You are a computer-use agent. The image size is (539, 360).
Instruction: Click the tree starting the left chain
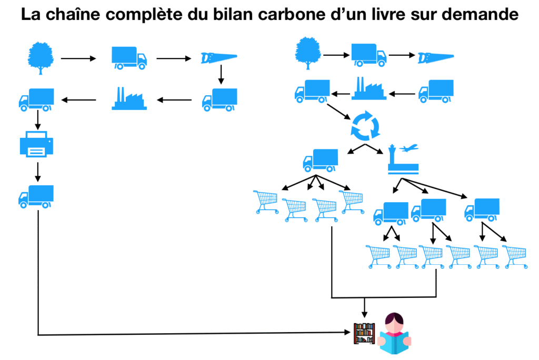[x=41, y=57]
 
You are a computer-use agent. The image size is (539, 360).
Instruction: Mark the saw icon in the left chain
[x=219, y=58]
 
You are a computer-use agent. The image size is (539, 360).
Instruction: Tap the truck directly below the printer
[x=36, y=196]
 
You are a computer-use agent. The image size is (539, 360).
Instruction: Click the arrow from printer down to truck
[x=37, y=172]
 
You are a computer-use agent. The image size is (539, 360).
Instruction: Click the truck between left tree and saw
[x=129, y=58]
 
